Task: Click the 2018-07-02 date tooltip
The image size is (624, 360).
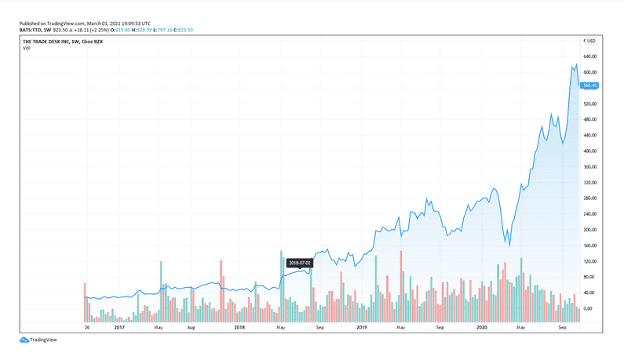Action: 299,262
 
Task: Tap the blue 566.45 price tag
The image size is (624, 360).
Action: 589,85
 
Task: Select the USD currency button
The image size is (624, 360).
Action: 590,41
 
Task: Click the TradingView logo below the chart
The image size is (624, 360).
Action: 38,340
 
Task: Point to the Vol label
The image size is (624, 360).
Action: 26,49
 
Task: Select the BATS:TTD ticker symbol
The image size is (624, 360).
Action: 31,30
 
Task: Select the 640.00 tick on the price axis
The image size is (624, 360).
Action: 589,56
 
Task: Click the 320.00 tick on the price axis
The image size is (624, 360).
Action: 589,182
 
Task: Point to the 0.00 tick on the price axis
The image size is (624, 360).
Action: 588,308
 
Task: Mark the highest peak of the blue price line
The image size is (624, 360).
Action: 577,64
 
